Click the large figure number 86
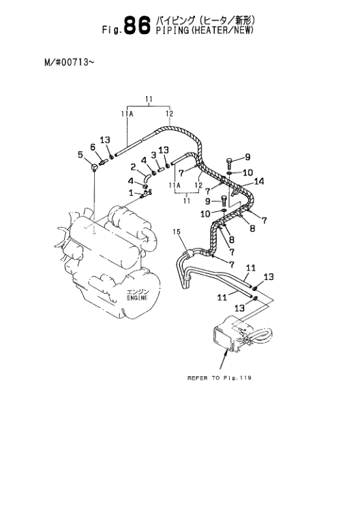(137, 25)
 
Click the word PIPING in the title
(171, 31)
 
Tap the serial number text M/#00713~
(70, 62)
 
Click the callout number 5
(80, 155)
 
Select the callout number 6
(93, 147)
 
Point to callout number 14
(259, 181)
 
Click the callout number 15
(177, 232)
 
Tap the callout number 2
(133, 167)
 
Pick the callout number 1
(131, 193)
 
